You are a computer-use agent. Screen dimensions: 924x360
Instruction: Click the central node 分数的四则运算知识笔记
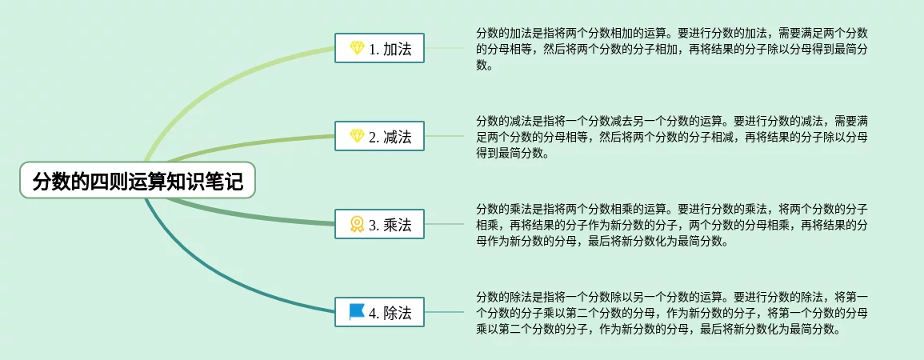point(138,180)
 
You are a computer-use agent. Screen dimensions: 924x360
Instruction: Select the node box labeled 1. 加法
point(379,48)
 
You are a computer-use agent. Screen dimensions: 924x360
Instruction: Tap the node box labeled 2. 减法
point(379,136)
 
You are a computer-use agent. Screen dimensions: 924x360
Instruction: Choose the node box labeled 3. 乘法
point(379,224)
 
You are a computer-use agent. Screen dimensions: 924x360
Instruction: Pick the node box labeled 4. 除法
point(379,312)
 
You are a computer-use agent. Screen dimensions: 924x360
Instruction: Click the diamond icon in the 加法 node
point(357,48)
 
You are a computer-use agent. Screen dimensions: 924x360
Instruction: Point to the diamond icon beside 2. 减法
point(357,136)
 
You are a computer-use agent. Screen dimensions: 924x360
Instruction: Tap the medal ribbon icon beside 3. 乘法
point(357,224)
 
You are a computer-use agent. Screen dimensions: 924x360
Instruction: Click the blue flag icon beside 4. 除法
point(357,311)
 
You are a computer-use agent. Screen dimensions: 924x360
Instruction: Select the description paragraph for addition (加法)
point(672,49)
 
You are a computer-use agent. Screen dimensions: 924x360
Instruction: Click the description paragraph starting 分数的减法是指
point(672,137)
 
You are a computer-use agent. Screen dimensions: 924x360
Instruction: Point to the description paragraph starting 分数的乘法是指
point(672,225)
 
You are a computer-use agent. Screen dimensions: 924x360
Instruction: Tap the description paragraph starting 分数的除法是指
point(672,312)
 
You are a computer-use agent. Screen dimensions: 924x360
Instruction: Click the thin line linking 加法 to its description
point(444,48)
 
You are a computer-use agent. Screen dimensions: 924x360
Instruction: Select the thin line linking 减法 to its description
point(444,136)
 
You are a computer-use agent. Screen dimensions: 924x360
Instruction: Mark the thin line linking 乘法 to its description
point(444,224)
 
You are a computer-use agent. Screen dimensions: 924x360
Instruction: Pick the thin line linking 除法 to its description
point(444,312)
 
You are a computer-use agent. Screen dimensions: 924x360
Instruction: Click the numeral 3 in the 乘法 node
point(373,225)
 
